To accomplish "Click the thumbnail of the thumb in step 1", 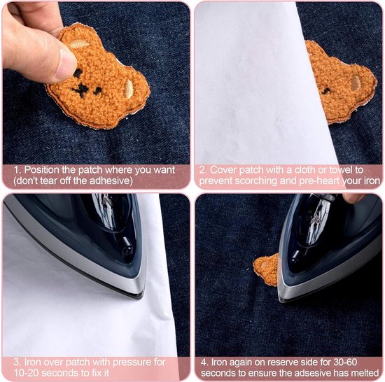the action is point(66,64).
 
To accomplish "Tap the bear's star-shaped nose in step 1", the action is point(80,90).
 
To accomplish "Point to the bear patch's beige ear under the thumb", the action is point(79,44).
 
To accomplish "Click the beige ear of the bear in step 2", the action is point(356,82).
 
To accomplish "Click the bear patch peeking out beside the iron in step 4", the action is point(266,270).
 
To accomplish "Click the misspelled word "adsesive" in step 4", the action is point(314,373).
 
